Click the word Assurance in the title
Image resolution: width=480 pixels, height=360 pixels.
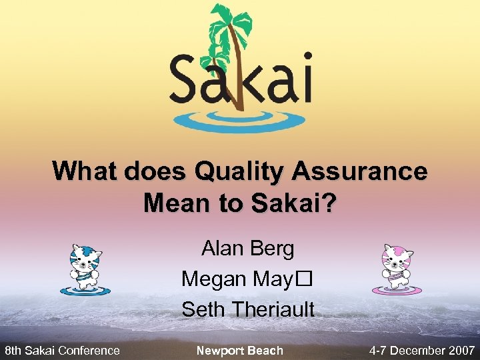(x=359, y=171)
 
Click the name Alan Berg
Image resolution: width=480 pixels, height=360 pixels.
(x=248, y=249)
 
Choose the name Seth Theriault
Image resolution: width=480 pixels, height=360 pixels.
(x=248, y=309)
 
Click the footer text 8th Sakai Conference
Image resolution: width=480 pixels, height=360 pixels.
(x=62, y=350)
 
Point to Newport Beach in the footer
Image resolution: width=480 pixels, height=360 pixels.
(x=240, y=350)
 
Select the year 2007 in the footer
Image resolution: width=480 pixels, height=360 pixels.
(x=461, y=350)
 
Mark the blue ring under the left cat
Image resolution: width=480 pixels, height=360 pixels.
(x=84, y=291)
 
